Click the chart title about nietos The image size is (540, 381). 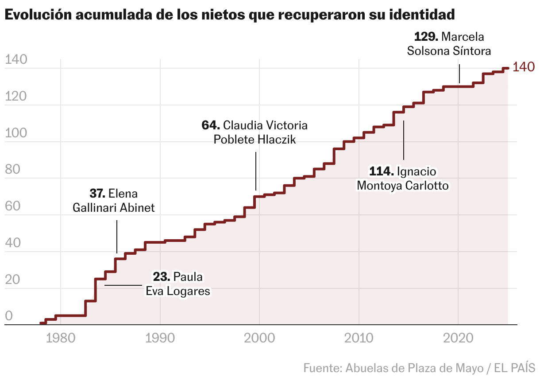point(230,15)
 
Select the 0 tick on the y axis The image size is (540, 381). point(9,317)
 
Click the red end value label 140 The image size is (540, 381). point(524,68)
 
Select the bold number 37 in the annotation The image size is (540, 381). point(97,194)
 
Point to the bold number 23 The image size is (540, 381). point(162,277)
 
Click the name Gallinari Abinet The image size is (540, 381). point(114,208)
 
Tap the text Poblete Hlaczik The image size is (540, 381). point(255,140)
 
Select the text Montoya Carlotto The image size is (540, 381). point(402,185)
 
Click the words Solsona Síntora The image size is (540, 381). point(449,51)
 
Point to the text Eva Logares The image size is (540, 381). point(177,291)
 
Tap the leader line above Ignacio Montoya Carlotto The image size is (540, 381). point(404,140)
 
